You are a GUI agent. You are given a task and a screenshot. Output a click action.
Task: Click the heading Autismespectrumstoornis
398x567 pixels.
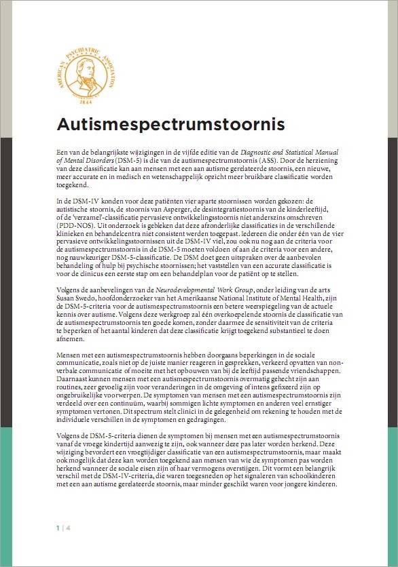[x=170, y=126]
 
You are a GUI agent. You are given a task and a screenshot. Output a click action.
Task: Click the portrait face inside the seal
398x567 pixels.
[x=86, y=65]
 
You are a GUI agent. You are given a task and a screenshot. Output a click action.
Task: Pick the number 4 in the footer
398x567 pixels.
[x=68, y=527]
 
